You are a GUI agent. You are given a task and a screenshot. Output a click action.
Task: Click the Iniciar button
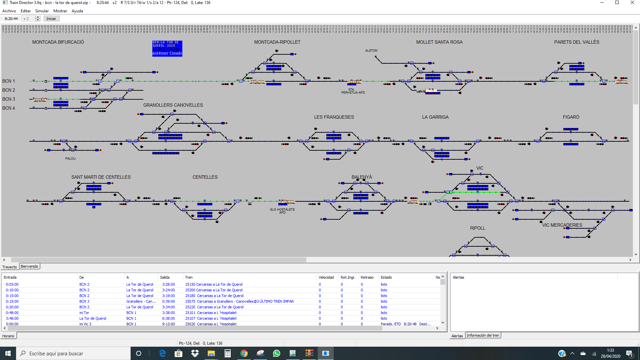(51, 19)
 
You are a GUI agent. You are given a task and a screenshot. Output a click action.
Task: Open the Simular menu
(42, 11)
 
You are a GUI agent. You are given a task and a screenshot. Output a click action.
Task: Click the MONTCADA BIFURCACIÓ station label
(58, 42)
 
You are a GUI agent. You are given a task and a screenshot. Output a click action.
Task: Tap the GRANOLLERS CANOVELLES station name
(173, 105)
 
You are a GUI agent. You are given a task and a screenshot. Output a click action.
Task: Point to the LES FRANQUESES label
(334, 117)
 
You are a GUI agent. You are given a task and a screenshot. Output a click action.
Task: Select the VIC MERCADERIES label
(562, 225)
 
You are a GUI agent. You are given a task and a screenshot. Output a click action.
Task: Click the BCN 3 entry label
(9, 99)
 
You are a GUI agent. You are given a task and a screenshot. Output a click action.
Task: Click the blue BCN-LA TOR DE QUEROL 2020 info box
(167, 48)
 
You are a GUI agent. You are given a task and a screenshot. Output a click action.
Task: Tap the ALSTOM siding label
(371, 51)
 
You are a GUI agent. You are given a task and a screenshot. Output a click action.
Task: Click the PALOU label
(70, 159)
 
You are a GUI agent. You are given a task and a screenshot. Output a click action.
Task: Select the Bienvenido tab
(29, 266)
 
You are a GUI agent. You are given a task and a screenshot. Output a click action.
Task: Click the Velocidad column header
(326, 277)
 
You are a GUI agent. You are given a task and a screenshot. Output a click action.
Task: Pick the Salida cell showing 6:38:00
(168, 318)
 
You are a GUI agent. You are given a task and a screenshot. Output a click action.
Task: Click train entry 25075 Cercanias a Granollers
(239, 301)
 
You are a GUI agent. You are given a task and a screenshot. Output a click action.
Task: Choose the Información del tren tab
(483, 335)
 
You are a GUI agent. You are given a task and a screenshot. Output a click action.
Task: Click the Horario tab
(8, 336)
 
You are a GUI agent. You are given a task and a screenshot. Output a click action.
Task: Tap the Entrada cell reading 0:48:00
(12, 313)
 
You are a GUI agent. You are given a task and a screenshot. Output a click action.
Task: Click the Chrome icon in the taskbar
(244, 353)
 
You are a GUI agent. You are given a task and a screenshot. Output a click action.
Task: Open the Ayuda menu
(77, 11)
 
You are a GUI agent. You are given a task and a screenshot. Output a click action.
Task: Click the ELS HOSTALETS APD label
(282, 211)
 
